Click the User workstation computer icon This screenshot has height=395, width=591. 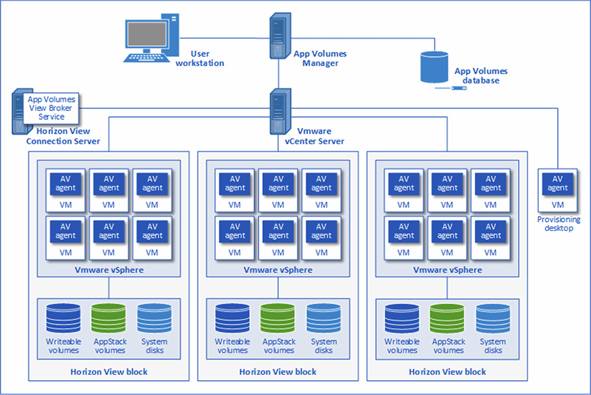coord(151,38)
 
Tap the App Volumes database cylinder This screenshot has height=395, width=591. coord(435,67)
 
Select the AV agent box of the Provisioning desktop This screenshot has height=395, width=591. coord(557,184)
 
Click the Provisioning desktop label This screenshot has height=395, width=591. coord(558,224)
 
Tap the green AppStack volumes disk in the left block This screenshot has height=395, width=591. coord(109,319)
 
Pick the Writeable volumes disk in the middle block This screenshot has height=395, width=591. coord(232,319)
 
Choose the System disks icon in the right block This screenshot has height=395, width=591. coord(493,319)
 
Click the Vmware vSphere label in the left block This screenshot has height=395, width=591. coord(109,270)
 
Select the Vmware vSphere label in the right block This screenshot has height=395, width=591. coord(447,270)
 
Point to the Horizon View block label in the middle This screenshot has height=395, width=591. coord(278,372)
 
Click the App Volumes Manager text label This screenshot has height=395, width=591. coord(320,58)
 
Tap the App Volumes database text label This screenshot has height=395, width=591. coord(480,76)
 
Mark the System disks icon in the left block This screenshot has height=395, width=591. coord(154,319)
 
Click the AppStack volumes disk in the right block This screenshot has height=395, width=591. coord(447,319)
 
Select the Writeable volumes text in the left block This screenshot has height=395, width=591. coord(63,346)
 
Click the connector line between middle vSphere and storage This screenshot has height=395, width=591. coord(278,288)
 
